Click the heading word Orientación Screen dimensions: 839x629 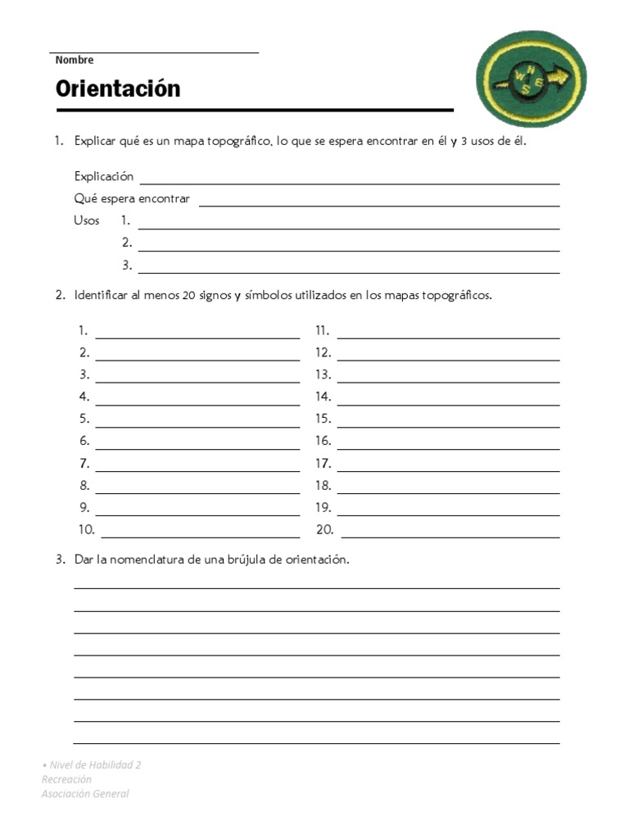(118, 88)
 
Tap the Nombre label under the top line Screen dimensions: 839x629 (75, 60)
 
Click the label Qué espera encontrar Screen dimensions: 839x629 (132, 198)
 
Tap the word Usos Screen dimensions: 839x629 (87, 220)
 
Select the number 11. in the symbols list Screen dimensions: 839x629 (323, 331)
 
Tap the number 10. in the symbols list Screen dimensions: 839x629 (87, 530)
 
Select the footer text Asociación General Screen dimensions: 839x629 (85, 793)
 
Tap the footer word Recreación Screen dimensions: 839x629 (66, 779)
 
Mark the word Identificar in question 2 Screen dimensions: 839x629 (101, 296)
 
